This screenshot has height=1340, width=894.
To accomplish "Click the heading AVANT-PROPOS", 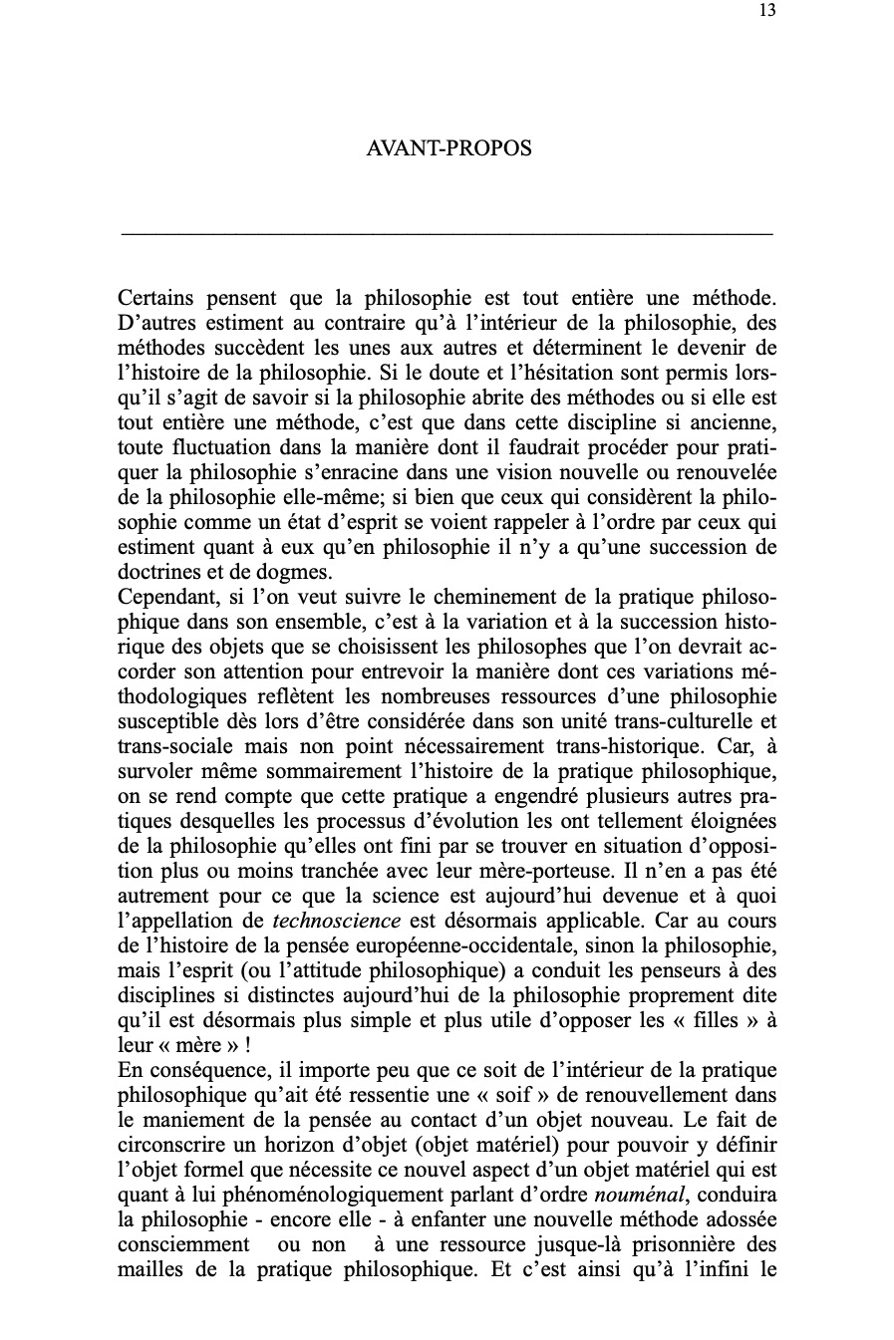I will pos(448,148).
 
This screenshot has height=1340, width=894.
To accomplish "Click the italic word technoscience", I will pos(323,921).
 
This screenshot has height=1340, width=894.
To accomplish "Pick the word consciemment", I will pos(184,1244).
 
